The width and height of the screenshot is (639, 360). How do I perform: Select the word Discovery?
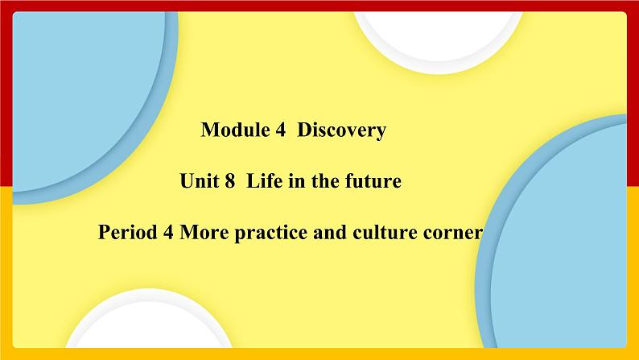click(342, 130)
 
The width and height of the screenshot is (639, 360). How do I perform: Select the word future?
click(373, 182)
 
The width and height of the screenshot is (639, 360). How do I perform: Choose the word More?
click(201, 234)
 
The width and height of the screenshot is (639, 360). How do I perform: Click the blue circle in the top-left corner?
click(76, 89)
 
